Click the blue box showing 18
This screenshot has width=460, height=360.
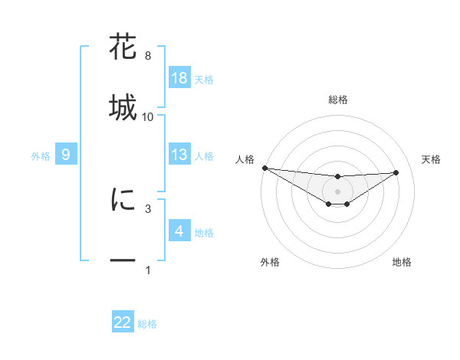(x=179, y=77)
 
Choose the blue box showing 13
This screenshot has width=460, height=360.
(x=179, y=155)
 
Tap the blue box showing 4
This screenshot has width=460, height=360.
(x=179, y=231)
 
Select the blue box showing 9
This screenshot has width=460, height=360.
(x=66, y=155)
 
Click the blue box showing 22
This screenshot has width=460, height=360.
(x=123, y=322)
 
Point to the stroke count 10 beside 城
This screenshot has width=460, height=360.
(x=148, y=117)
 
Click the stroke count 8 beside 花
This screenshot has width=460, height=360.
(x=147, y=56)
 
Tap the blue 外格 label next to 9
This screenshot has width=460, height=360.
(x=41, y=155)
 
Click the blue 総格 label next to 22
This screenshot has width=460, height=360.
(x=147, y=324)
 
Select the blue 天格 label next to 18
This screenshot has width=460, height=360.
(x=204, y=79)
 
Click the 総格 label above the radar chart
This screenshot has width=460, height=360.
(x=338, y=100)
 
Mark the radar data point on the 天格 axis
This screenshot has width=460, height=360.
(x=396, y=172)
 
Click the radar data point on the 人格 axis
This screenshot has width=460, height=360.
(x=264, y=168)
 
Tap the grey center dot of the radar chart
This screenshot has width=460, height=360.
(x=337, y=191)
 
